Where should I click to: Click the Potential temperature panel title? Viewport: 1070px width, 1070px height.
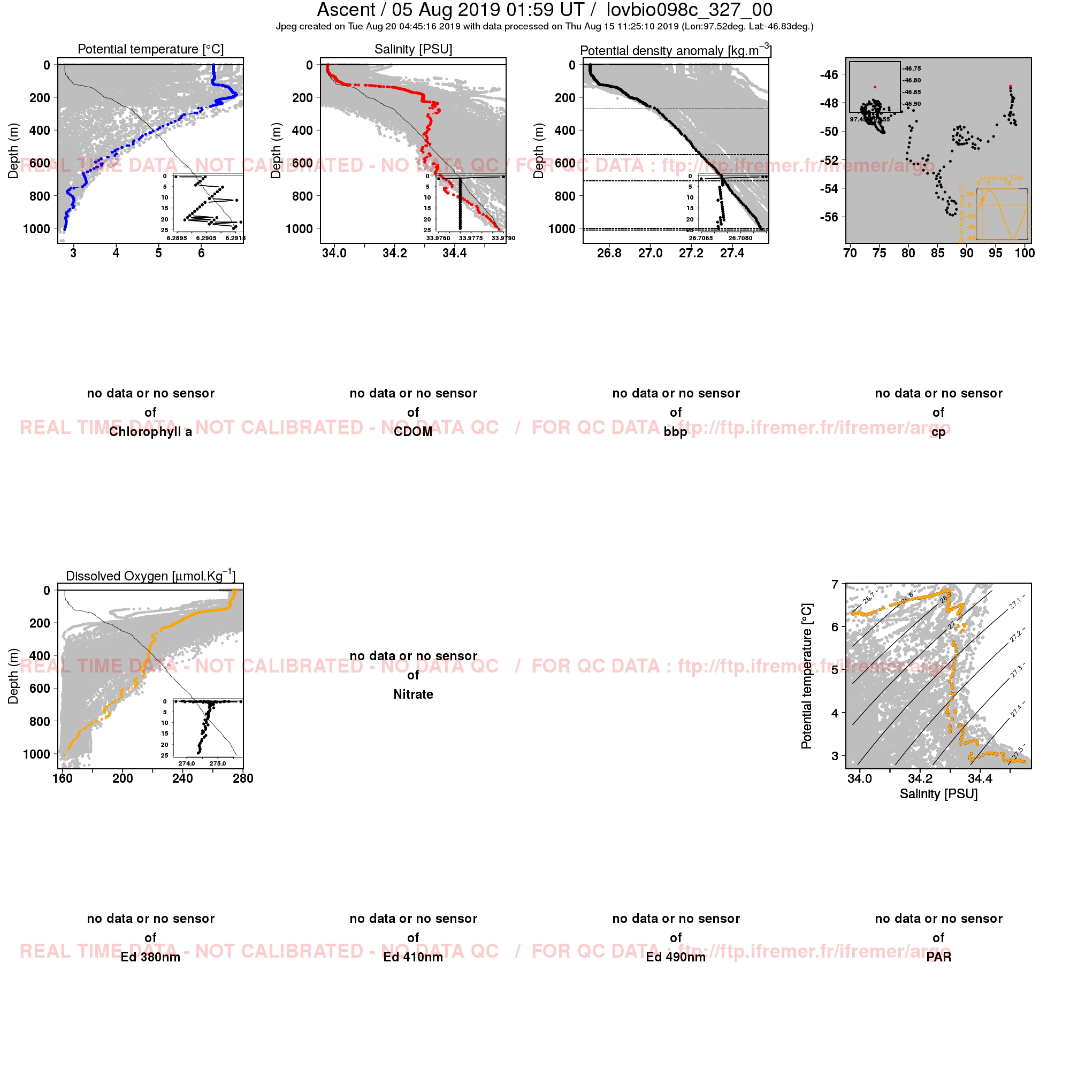(151, 49)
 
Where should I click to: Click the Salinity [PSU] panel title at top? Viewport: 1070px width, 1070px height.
(413, 49)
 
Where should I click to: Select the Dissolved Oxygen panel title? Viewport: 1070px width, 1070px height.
(151, 576)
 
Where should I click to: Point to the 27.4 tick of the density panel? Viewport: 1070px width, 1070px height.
(732, 254)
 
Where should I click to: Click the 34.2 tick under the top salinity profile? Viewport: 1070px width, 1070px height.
(394, 254)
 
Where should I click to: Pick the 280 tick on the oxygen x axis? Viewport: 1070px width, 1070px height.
(243, 778)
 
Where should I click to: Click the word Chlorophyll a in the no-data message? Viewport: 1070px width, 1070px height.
(151, 432)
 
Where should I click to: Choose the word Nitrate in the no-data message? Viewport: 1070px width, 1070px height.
(413, 694)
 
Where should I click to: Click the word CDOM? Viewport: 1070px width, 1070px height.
(413, 432)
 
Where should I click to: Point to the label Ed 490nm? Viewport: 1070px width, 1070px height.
(676, 957)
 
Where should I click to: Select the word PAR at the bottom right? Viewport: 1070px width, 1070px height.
(938, 957)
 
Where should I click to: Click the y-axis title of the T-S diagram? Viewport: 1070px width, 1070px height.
(806, 676)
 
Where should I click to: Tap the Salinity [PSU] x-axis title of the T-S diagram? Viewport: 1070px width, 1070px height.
(938, 794)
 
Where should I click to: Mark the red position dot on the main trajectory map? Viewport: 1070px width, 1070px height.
(1010, 86)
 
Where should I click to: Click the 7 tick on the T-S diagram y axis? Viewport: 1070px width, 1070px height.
(835, 584)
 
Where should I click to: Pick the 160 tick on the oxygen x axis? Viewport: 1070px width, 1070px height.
(62, 778)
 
